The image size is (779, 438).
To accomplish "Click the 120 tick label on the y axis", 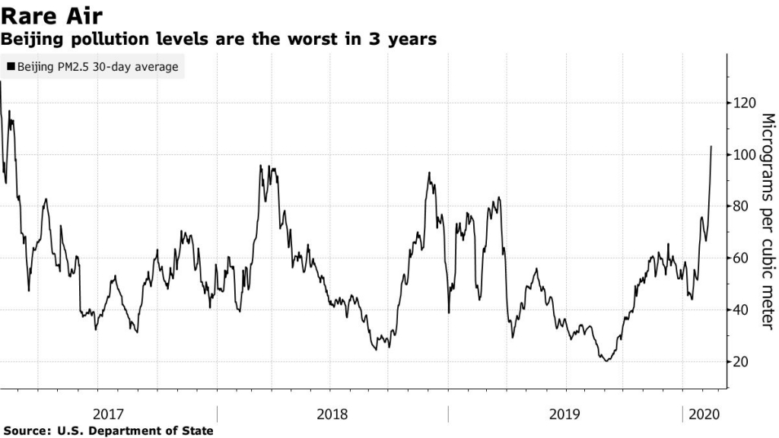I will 745,103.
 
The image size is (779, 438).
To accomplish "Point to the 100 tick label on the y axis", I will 745,155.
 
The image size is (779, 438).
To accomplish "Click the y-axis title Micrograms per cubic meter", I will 767,221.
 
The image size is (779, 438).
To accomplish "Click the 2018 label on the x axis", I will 332,414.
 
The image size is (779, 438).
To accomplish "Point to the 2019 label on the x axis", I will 563,414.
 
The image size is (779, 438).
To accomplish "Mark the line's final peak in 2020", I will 711,147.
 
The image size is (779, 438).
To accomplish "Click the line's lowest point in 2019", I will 606,361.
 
